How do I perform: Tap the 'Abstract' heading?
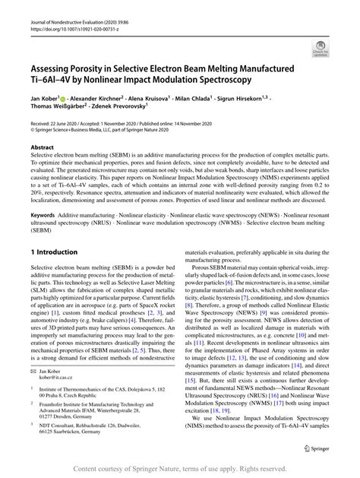42,145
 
